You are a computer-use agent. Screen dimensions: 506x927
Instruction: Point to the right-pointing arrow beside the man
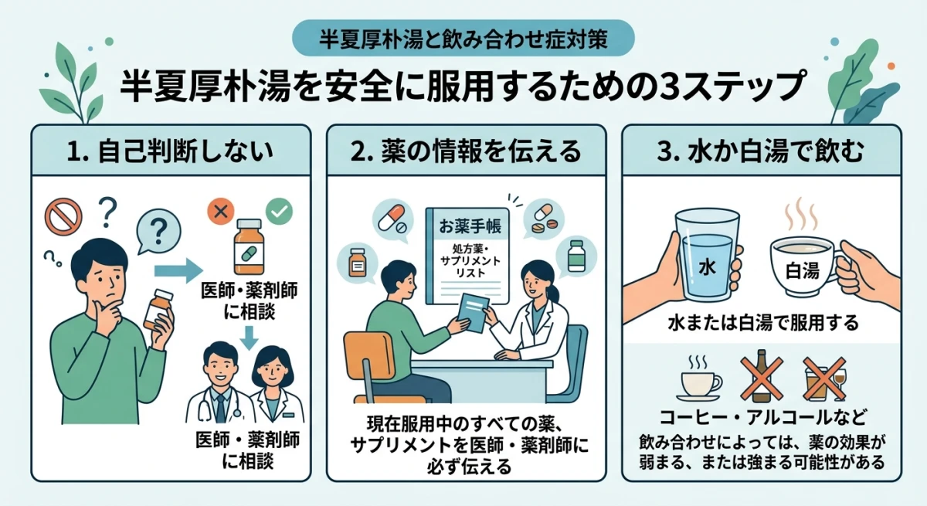click(176, 270)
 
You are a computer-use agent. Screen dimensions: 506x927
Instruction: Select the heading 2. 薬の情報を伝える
click(466, 151)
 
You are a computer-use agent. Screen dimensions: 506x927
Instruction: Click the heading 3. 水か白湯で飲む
click(762, 151)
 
